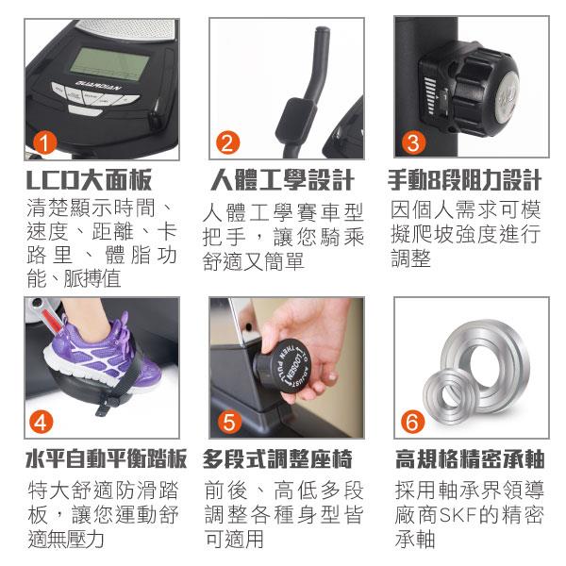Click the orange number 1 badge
point(44,143)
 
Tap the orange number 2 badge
point(227,142)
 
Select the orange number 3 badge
point(414,142)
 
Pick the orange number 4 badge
point(42,422)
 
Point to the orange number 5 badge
point(229,422)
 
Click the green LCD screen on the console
point(109,64)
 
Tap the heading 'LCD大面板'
point(89,180)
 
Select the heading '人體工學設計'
point(282,180)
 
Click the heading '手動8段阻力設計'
point(464,180)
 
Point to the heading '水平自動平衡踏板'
point(106,459)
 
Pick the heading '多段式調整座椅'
point(277,459)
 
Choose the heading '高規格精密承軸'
point(470,459)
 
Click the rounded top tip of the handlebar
point(322,30)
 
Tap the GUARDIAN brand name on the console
point(98,87)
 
